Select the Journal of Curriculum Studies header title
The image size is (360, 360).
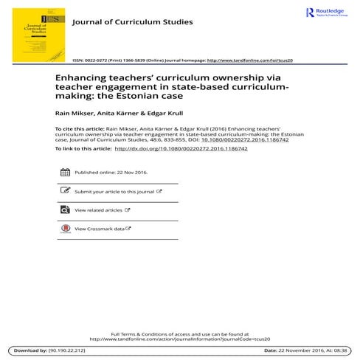(132, 22)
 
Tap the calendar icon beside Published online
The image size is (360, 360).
(64, 172)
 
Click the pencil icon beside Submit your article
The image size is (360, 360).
(64, 191)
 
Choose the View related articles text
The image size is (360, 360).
(98, 210)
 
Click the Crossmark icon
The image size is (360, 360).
(64, 229)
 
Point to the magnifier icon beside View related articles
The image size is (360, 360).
(64, 210)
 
